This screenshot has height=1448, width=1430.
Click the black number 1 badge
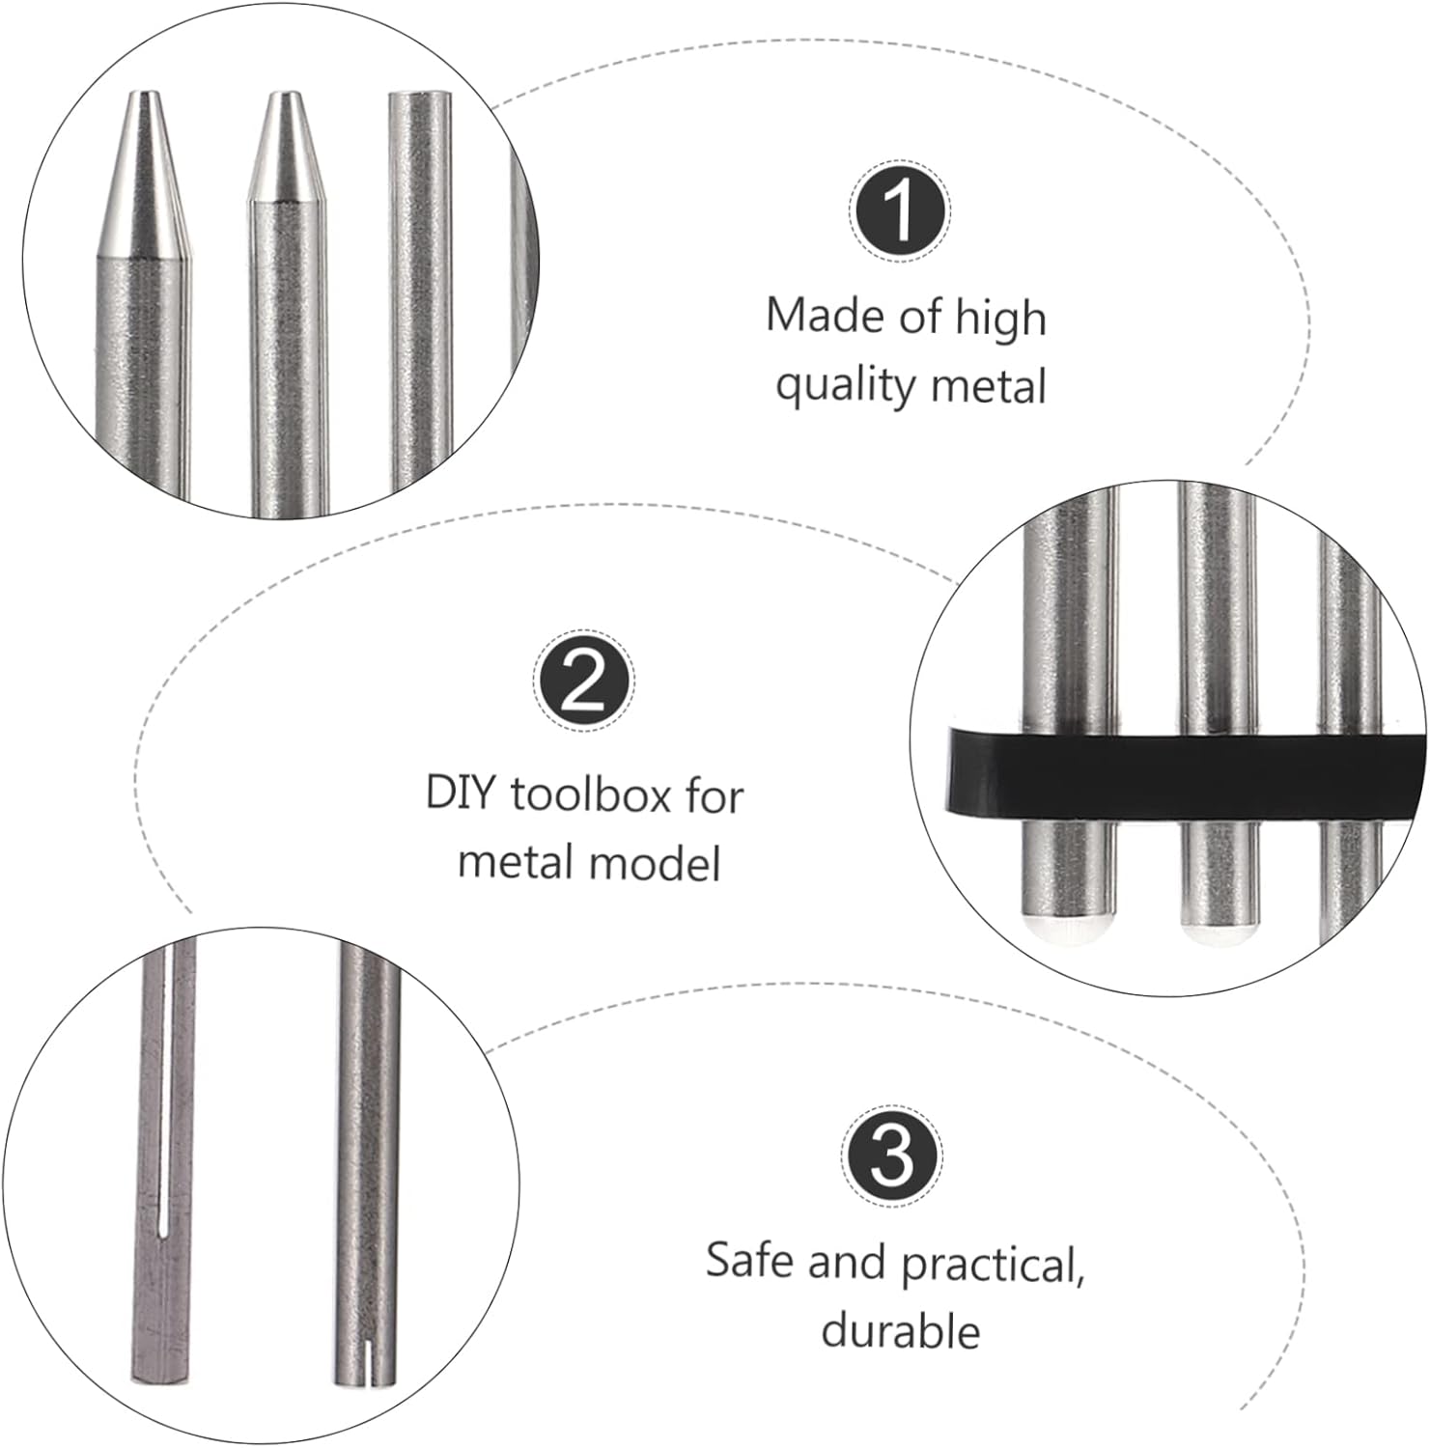click(x=901, y=211)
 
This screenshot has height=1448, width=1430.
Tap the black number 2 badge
click(x=584, y=682)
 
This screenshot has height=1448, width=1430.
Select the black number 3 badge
click(x=893, y=1156)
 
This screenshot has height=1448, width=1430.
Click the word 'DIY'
click(x=460, y=794)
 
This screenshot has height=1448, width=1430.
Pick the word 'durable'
click(x=900, y=1330)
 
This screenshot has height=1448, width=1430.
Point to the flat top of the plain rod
click(x=419, y=97)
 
